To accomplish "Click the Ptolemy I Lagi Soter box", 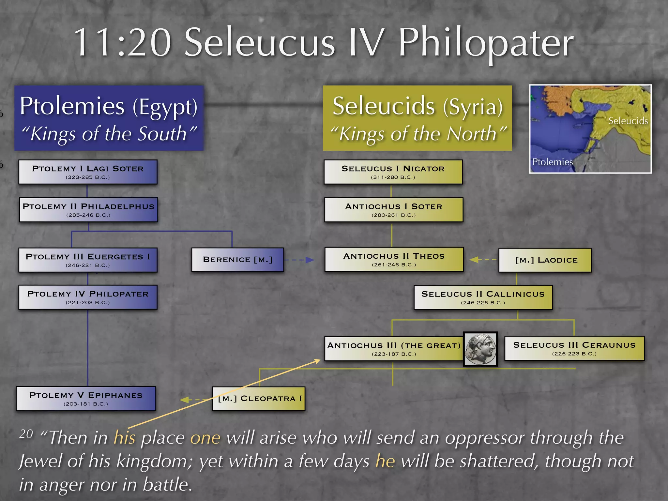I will (88, 172).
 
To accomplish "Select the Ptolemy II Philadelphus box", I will (88, 210).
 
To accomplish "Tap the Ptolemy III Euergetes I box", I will (88, 260).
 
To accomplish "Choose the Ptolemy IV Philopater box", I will (88, 297).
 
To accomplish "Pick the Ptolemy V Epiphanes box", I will (86, 399).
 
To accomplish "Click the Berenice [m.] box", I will (237, 260).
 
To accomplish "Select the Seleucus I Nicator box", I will (393, 172).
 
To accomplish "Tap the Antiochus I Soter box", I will (394, 210).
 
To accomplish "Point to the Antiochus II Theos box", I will (394, 259).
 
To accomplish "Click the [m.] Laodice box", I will (545, 260).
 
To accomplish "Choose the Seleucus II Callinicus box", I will (483, 297).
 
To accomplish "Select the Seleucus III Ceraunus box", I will (574, 348).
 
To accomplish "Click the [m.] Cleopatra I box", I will (259, 399).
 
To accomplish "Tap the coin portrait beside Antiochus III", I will (480, 349).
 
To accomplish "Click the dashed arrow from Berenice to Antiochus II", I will (299, 260).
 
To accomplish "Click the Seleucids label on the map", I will (628, 121).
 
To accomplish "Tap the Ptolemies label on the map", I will (552, 162).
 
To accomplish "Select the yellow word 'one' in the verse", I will (205, 438).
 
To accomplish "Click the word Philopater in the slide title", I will (486, 43).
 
